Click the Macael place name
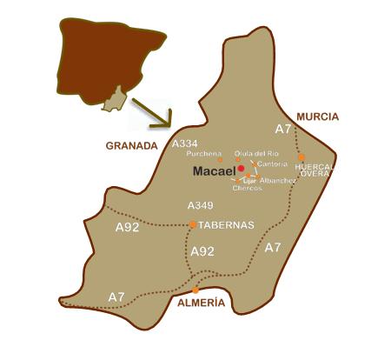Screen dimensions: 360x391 pyautogui.click(x=213, y=172)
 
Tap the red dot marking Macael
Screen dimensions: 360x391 pyautogui.click(x=241, y=169)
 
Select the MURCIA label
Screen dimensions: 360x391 pyautogui.click(x=317, y=116)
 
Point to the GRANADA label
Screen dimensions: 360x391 pyautogui.click(x=131, y=146)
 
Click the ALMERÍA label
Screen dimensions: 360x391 pyautogui.click(x=202, y=303)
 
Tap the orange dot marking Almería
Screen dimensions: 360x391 pyautogui.click(x=195, y=290)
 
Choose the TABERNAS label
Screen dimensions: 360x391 pyautogui.click(x=226, y=224)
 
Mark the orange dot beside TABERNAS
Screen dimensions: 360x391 pyautogui.click(x=193, y=224)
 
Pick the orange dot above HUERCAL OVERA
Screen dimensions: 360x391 pyautogui.click(x=302, y=157)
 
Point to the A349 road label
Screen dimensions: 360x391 pyautogui.click(x=201, y=205)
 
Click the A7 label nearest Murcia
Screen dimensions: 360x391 pyautogui.click(x=283, y=129)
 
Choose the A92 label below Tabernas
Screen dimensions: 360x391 pyautogui.click(x=202, y=251)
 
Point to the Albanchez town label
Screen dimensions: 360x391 pyautogui.click(x=278, y=179)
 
